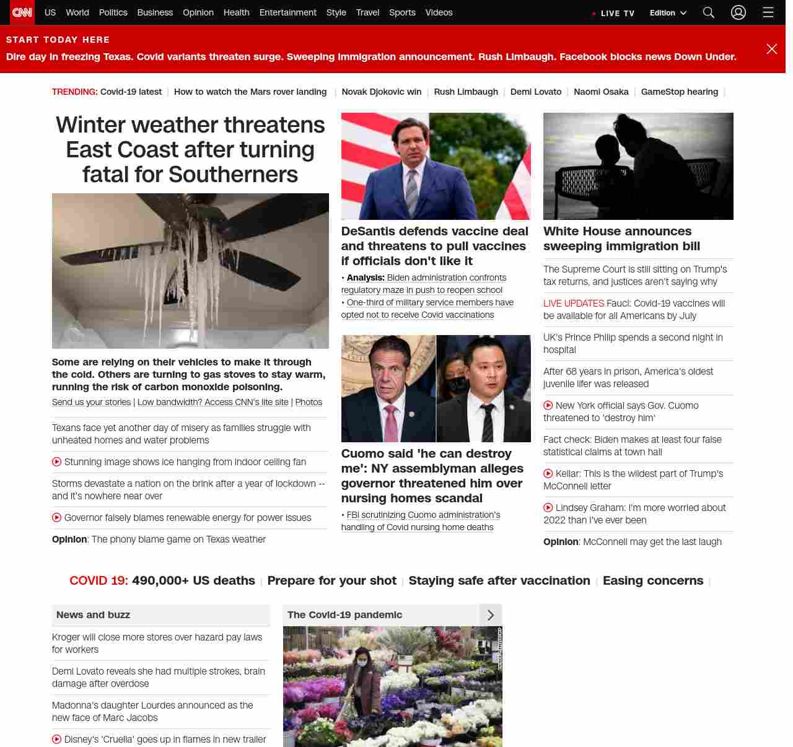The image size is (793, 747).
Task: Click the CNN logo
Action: [22, 12]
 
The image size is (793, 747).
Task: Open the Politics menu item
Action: [113, 12]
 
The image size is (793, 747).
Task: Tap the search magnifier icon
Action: [709, 12]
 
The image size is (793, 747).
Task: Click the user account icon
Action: [738, 12]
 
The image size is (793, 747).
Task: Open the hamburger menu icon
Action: [768, 12]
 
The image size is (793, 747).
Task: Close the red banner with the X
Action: [772, 49]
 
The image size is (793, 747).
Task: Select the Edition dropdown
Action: [668, 13]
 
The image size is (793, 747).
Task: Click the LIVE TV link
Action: [613, 13]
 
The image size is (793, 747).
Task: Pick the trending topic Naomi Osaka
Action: [601, 92]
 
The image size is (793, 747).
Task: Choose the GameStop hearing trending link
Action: [680, 92]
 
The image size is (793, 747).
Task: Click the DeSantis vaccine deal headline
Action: [435, 246]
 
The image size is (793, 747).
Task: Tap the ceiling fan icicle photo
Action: [190, 271]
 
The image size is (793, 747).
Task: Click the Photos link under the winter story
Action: [309, 402]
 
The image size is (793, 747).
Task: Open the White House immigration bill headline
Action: [621, 238]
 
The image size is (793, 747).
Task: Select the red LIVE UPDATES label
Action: [574, 304]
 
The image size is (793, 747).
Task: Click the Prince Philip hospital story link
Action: [633, 344]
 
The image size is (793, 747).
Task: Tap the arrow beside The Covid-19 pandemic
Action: [491, 615]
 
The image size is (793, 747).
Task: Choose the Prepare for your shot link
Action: [331, 580]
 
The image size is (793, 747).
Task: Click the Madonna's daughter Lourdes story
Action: [152, 711]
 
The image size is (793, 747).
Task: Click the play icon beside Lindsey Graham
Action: [548, 508]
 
